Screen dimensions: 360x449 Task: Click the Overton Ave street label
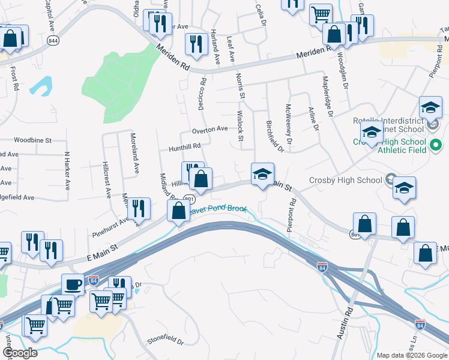(x=209, y=129)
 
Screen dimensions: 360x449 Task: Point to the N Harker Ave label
(x=67, y=169)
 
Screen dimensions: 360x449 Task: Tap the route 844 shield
(x=53, y=41)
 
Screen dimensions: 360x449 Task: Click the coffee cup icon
(x=73, y=284)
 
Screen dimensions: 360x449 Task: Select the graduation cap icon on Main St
(x=262, y=175)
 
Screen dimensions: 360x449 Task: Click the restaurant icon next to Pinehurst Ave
(x=139, y=209)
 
